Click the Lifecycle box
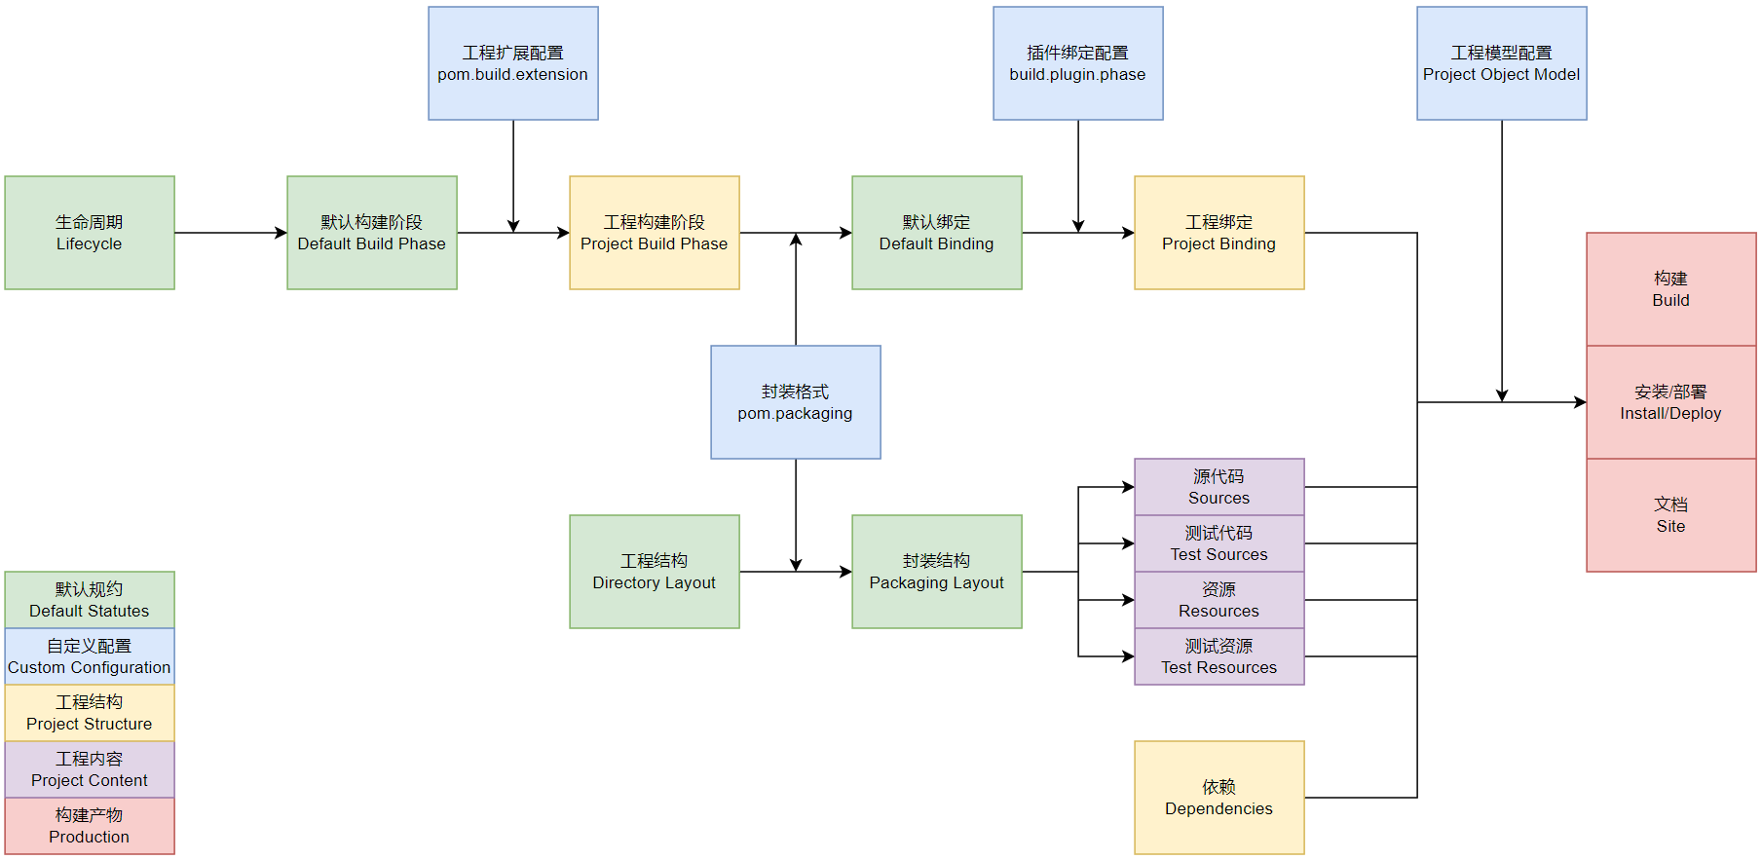pos(90,233)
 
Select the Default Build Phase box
pos(372,233)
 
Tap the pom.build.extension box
pos(513,63)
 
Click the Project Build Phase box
pos(655,233)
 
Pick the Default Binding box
pos(937,233)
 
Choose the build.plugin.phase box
pos(1078,63)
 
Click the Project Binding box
pos(1219,233)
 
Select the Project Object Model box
pos(1502,63)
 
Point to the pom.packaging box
pos(796,402)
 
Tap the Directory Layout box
pos(655,572)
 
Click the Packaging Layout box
pos(937,572)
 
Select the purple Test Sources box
pos(1219,543)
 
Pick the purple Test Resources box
pos(1219,656)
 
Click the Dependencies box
pos(1219,798)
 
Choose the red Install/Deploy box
pos(1671,402)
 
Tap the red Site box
pos(1671,515)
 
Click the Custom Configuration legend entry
pos(90,656)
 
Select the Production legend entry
pos(90,826)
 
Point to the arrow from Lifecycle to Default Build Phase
pos(230,233)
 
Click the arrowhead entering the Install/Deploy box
pos(1580,402)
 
